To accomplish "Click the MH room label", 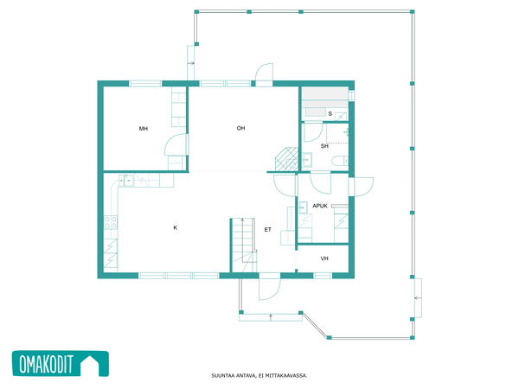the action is click(144, 129).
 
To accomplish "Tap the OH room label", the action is click(240, 128).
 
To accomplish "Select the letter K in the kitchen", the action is click(175, 227).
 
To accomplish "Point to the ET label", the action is click(268, 230).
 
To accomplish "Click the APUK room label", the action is click(320, 206).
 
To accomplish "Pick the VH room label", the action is click(324, 258).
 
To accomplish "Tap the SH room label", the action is click(324, 146).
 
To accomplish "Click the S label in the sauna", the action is click(330, 114).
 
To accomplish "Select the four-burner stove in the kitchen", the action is click(111, 222).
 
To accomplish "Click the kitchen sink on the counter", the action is click(126, 181).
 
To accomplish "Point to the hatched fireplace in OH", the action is click(286, 159).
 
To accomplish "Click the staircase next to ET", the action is click(244, 246).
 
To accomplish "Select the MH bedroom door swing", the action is click(176, 144).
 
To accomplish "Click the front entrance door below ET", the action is click(269, 287).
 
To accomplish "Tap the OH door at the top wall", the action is click(264, 74).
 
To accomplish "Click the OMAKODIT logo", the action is click(61, 364).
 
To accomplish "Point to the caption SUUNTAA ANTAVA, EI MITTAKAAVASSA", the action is click(259, 375).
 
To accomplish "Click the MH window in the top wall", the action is click(145, 83).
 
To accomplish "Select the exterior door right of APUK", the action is click(361, 187).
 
